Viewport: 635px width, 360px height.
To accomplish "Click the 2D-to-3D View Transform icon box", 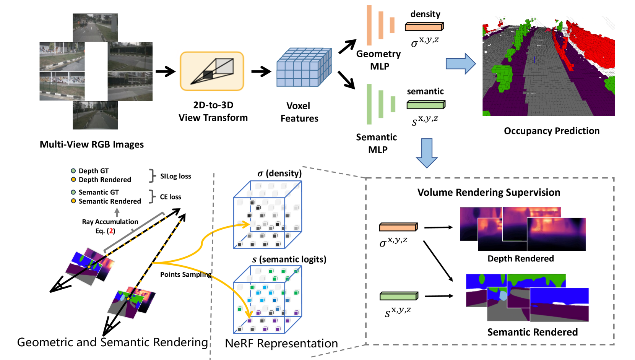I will click(x=212, y=71).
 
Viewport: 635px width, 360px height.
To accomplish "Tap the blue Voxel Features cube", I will click(x=304, y=68).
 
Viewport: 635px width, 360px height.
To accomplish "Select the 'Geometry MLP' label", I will click(x=378, y=60).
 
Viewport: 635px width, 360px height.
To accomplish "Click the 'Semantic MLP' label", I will click(x=377, y=143).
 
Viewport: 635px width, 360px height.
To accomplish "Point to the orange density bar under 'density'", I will click(x=424, y=27).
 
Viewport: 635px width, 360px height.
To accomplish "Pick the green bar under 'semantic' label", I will click(x=425, y=105).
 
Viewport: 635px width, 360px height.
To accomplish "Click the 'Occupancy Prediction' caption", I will click(x=551, y=131).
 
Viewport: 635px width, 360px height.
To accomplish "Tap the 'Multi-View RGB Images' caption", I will click(x=92, y=144).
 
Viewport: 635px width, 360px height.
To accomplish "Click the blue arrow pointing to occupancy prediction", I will click(x=461, y=64).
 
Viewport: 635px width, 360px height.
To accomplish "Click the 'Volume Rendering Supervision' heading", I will click(x=489, y=193).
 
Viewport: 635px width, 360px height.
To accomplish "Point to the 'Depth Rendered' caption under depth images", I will click(x=520, y=259).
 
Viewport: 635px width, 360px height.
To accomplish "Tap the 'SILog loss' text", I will click(x=175, y=176).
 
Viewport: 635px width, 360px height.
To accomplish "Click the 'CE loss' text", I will click(x=171, y=197).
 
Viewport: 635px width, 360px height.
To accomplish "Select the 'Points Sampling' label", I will click(x=185, y=274).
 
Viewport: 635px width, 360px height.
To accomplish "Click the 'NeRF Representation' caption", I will click(x=281, y=344).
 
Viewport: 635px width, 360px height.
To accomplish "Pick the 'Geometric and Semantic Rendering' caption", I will click(x=112, y=342).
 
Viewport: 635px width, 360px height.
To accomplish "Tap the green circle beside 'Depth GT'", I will click(x=73, y=171).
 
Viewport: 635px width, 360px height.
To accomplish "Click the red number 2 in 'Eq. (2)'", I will click(x=111, y=231).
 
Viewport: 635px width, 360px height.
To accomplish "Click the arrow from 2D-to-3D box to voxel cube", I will click(x=261, y=71).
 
